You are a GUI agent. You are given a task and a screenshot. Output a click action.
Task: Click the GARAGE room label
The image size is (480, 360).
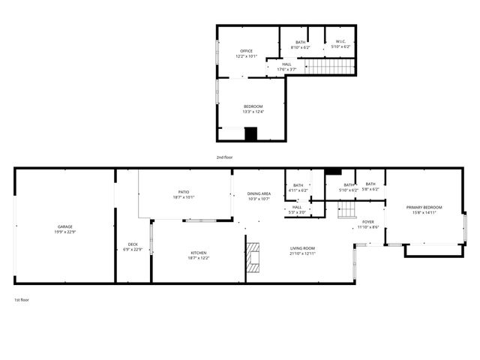[x=65, y=226]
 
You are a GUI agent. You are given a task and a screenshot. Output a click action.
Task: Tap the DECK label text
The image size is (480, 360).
[x=133, y=244]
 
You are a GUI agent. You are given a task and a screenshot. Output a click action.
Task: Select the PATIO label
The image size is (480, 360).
[x=184, y=192]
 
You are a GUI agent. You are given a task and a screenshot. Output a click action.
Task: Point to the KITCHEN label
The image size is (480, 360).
[x=198, y=253]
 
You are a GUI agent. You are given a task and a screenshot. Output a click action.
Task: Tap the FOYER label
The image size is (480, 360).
[x=368, y=222]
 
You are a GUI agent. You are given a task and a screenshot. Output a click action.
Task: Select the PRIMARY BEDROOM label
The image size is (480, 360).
[x=424, y=207]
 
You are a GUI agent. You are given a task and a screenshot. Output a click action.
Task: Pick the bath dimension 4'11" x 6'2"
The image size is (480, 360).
[x=298, y=190]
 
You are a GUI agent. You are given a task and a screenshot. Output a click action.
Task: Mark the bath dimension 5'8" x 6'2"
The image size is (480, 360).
[x=370, y=190]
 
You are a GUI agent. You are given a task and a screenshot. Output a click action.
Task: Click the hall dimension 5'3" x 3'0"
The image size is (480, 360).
[x=298, y=212]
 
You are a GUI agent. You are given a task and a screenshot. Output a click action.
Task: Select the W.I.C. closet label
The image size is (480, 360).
[x=341, y=42]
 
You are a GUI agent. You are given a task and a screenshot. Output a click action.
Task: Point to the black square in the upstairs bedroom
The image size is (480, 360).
[x=250, y=133]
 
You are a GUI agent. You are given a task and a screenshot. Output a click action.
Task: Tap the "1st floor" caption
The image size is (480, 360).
[x=22, y=300]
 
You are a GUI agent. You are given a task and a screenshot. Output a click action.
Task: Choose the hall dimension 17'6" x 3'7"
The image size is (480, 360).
[x=287, y=69]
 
